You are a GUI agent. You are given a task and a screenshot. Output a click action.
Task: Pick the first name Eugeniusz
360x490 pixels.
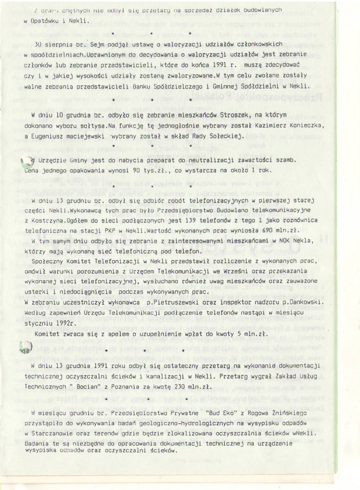click(x=51, y=137)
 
